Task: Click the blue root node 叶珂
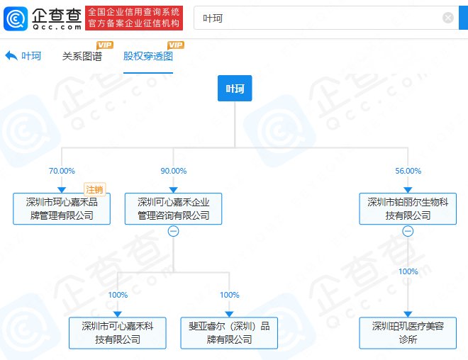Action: click(235, 89)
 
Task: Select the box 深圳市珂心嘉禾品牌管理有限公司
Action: click(62, 209)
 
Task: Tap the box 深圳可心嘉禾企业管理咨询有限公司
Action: click(174, 209)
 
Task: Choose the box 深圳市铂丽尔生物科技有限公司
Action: click(408, 209)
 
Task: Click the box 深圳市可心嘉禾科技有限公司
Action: click(118, 333)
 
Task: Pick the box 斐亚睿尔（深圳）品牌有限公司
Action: click(229, 333)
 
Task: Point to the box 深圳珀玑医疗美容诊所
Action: click(408, 333)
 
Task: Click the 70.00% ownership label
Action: click(62, 171)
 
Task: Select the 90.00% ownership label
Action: click(174, 171)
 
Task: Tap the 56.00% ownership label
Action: click(408, 171)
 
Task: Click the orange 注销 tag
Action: click(94, 189)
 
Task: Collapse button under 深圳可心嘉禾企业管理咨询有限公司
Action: click(174, 231)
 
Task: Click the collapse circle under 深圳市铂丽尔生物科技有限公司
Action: click(408, 231)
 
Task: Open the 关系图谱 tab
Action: click(82, 56)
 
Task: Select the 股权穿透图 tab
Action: click(148, 56)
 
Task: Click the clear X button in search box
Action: click(448, 18)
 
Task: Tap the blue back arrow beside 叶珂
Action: click(11, 56)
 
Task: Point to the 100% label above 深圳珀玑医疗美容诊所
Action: click(408, 271)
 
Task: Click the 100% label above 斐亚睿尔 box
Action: click(230, 295)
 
